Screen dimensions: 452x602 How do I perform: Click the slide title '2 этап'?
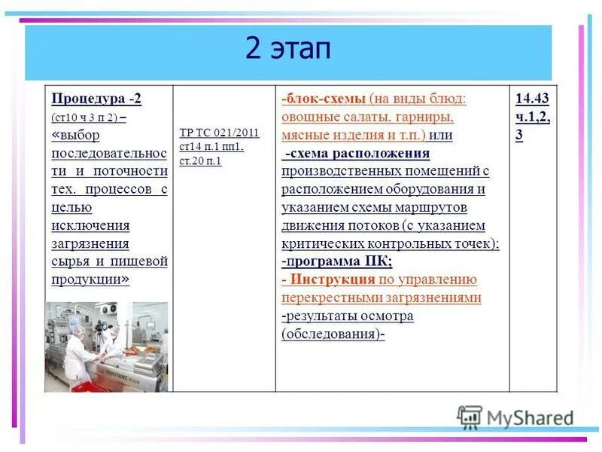[287, 50]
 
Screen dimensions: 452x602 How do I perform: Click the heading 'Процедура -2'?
[96, 99]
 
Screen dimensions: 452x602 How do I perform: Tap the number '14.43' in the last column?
[532, 99]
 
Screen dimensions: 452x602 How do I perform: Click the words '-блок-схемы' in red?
[324, 99]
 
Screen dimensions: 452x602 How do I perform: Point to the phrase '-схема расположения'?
[357, 154]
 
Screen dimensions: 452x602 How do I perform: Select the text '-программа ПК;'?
[336, 261]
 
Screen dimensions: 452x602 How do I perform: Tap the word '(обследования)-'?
[333, 334]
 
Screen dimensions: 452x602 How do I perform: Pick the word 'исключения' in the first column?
[90, 225]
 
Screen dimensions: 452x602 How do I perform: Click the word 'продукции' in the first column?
[86, 279]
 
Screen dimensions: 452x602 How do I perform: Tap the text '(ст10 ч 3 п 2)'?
[84, 118]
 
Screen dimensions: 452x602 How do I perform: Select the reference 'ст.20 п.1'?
[200, 160]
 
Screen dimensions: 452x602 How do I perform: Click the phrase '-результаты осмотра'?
[347, 316]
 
